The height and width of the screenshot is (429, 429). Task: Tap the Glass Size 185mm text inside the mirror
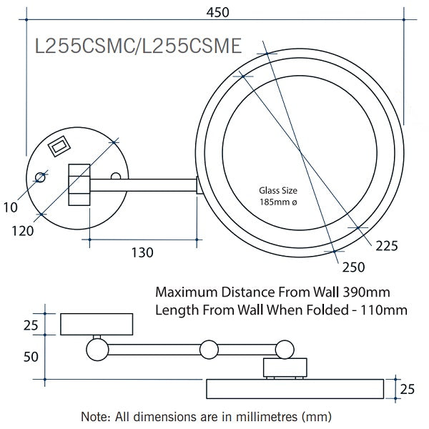[x=278, y=197]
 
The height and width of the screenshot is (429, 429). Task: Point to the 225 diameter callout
[x=385, y=246]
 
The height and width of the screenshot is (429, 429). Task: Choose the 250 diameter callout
[x=353, y=267]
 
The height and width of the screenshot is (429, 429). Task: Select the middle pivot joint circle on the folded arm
[x=209, y=349]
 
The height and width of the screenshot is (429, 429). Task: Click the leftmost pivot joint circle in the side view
[x=97, y=349]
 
